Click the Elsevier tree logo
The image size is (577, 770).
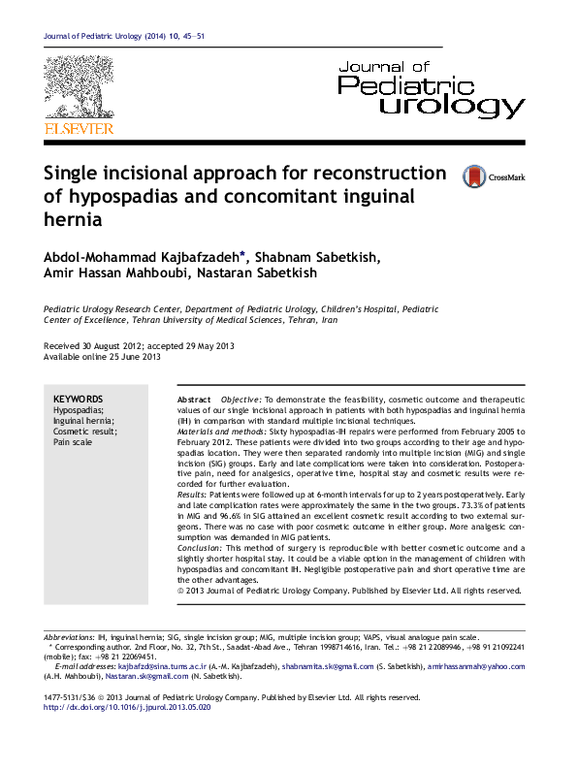pyautogui.click(x=79, y=88)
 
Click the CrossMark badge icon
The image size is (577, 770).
pyautogui.click(x=473, y=176)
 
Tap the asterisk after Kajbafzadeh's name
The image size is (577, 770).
pyautogui.click(x=242, y=255)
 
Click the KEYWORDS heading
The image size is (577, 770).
pyautogui.click(x=78, y=399)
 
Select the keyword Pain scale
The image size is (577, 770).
pyautogui.click(x=73, y=441)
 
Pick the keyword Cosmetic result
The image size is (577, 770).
pyautogui.click(x=84, y=431)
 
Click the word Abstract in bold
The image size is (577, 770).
pyautogui.click(x=194, y=400)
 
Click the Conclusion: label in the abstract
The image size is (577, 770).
pyautogui.click(x=202, y=548)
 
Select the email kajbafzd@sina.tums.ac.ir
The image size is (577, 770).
pyautogui.click(x=162, y=667)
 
